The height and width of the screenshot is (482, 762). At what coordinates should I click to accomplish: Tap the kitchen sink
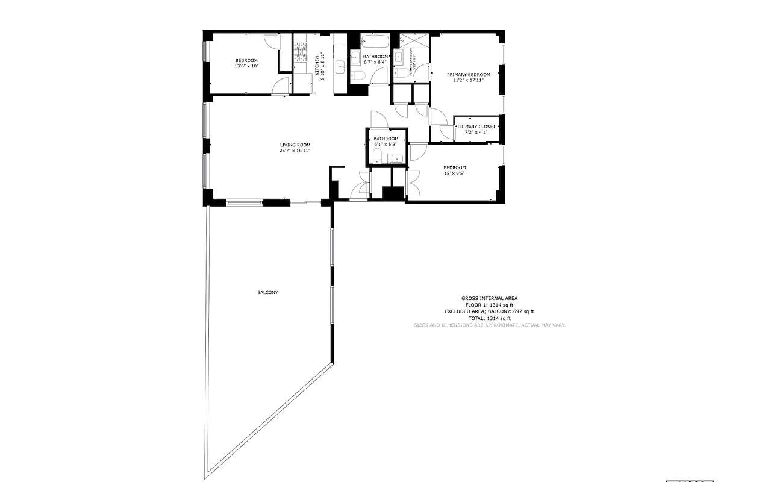(340, 66)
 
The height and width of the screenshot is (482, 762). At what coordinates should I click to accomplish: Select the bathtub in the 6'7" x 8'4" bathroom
(376, 42)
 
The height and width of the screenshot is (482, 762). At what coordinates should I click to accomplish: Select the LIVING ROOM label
(295, 145)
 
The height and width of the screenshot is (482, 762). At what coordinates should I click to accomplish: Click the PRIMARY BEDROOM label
(468, 75)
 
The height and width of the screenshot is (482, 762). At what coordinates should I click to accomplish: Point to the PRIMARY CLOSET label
(476, 127)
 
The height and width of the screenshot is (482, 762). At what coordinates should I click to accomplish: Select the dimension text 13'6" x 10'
(246, 66)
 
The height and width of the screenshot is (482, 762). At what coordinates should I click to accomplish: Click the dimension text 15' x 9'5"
(454, 174)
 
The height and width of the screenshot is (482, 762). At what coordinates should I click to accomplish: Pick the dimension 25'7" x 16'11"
(295, 151)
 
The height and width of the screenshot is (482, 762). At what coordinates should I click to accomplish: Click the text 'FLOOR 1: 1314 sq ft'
(489, 305)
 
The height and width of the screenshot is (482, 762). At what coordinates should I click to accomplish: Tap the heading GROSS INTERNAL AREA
(489, 298)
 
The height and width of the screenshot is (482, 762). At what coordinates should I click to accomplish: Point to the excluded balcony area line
(489, 311)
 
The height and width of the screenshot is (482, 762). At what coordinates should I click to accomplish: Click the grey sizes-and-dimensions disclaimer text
(489, 325)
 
